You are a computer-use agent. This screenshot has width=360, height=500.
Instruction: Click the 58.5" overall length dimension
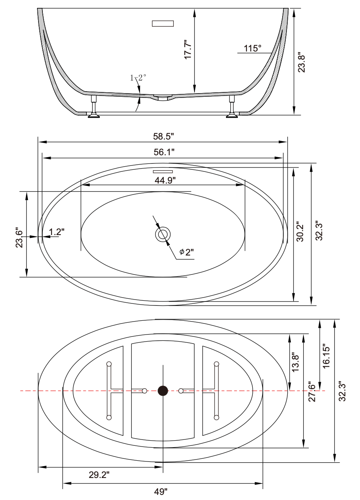163,136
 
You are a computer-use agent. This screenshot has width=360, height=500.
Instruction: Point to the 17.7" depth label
188,49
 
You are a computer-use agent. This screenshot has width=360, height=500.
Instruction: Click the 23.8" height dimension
301,62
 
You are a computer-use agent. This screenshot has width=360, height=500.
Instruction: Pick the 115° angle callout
252,48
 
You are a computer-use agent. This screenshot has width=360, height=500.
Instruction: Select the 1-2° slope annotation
138,78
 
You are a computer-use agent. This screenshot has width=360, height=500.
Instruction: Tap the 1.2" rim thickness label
57,232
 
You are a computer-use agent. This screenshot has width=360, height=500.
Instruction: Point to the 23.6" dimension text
18,237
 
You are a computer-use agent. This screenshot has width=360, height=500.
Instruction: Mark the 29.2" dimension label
99,475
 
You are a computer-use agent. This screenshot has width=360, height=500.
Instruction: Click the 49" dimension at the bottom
161,491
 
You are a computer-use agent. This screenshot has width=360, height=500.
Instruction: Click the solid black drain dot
163,391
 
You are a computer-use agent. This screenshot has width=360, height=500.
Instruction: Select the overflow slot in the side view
163,23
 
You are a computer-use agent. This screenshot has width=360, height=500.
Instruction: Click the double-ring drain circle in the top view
163,235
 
